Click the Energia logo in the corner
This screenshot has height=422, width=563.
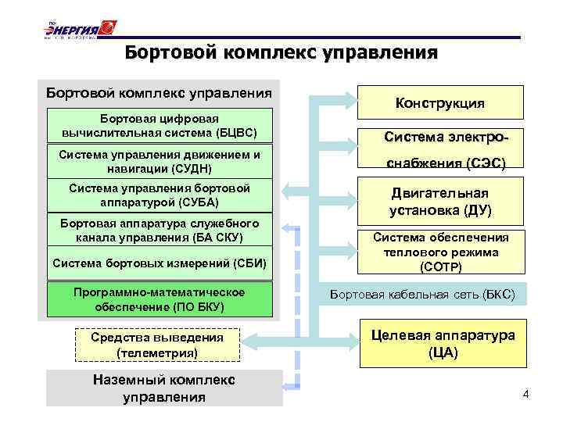tap(79, 30)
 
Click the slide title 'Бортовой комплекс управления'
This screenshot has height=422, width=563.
tap(281, 52)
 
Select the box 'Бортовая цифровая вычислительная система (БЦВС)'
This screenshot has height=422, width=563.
tap(163, 125)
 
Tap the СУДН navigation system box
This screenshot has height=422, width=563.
tap(163, 161)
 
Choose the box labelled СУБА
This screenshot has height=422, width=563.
tap(163, 195)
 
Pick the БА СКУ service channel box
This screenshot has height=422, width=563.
tap(163, 231)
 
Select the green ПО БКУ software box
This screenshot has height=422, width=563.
tap(163, 299)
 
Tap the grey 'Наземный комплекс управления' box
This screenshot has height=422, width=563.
tap(163, 388)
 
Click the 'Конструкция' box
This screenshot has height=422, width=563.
tap(439, 103)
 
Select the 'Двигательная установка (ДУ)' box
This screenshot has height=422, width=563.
tap(440, 202)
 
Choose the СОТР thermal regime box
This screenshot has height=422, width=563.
tap(440, 252)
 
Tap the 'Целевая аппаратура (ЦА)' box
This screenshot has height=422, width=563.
tap(443, 344)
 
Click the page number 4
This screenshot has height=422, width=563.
tap(525, 394)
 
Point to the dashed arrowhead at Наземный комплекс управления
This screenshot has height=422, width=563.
tap(287, 384)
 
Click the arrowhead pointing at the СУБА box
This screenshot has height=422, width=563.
tap(287, 191)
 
